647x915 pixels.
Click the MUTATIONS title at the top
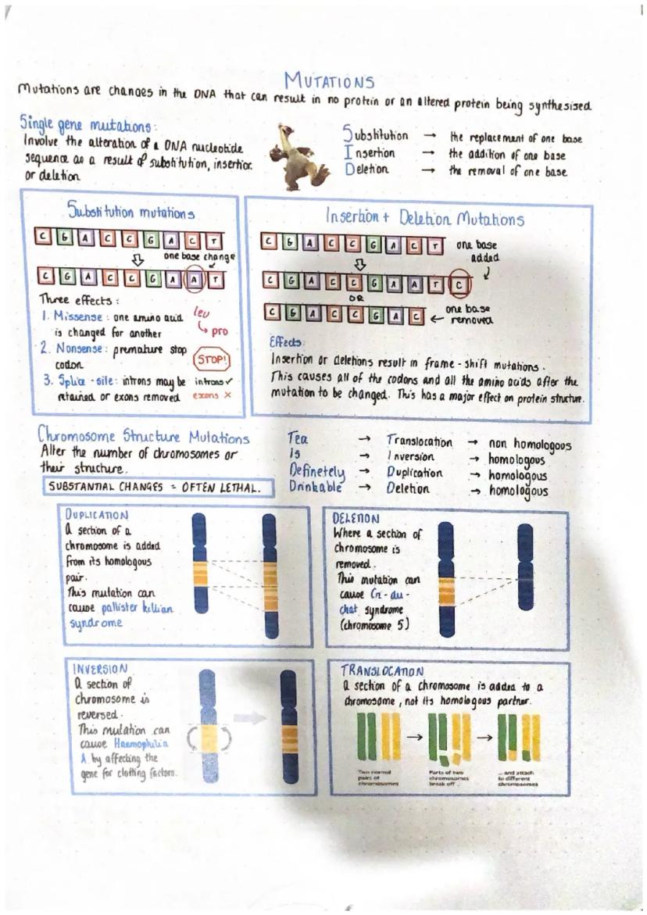[x=329, y=80]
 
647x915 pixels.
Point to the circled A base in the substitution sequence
[x=195, y=277]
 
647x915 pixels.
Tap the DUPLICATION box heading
[x=98, y=516]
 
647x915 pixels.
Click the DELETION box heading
[x=356, y=518]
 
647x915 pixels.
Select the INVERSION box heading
[x=100, y=670]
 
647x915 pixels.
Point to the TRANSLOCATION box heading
[x=382, y=670]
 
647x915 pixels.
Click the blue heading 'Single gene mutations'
[x=88, y=125]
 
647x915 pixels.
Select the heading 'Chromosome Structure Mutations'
[x=144, y=438]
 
